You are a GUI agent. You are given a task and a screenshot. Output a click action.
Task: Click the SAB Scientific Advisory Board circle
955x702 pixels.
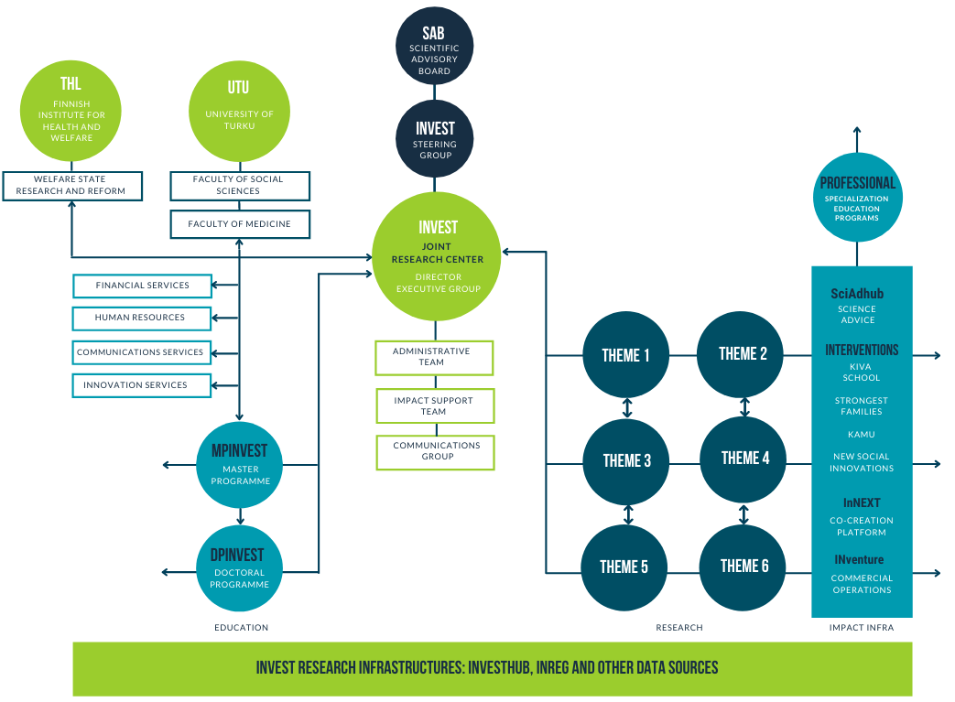pos(435,47)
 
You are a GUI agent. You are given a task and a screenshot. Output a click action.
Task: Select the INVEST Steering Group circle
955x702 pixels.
pos(435,138)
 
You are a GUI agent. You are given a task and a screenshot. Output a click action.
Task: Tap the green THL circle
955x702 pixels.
pos(71,108)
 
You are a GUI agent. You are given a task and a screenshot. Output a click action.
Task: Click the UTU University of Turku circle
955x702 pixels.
pos(238,108)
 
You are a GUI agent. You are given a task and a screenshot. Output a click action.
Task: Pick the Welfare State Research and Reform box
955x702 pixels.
pos(71,185)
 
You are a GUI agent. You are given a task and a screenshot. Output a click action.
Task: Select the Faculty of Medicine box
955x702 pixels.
pos(240,223)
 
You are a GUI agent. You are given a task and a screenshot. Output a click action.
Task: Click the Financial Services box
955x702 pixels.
pos(142,286)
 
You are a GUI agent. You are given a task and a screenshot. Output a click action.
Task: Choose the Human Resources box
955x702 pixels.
pos(141,318)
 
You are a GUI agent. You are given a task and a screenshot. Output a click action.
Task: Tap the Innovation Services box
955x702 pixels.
pos(141,385)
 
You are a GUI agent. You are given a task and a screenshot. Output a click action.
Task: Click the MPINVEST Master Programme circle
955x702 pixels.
pos(239,465)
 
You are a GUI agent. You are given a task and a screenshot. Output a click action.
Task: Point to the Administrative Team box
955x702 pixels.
pos(433,357)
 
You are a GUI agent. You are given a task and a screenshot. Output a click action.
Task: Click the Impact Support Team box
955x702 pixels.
pos(434,405)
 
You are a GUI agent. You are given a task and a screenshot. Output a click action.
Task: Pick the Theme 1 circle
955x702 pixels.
pos(626,355)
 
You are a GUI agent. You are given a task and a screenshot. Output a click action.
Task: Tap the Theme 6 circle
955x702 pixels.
pos(744,567)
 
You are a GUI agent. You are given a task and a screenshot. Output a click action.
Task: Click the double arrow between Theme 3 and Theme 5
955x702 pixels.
pos(627,513)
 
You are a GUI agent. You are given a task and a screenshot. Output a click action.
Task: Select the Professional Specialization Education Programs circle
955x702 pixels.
pos(857,197)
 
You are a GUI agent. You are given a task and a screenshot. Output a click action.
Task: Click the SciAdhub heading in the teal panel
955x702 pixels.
pos(857,294)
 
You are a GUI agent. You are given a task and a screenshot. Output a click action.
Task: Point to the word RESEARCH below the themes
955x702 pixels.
pos(679,628)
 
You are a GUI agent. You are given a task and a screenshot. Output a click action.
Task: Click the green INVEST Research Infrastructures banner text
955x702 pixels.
pos(487,668)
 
